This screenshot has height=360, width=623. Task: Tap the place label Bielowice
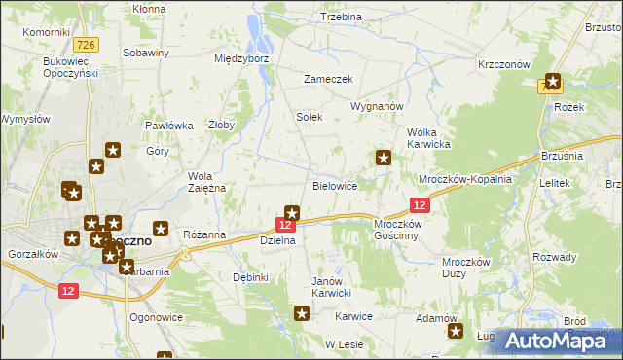[335, 185]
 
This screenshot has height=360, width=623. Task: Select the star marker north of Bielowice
[384, 157]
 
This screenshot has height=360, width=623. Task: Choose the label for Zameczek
[327, 80]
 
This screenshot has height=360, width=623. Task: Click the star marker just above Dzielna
[291, 212]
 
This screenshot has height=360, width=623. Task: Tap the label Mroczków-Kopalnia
[464, 180]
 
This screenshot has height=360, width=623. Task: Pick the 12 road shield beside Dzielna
[286, 225]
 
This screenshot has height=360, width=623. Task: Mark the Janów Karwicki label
[330, 288]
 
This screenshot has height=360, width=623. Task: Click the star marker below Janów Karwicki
[302, 312]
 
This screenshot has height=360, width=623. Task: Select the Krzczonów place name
[503, 63]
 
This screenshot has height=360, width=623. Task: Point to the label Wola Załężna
[206, 182]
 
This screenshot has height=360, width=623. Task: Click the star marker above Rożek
[554, 82]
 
